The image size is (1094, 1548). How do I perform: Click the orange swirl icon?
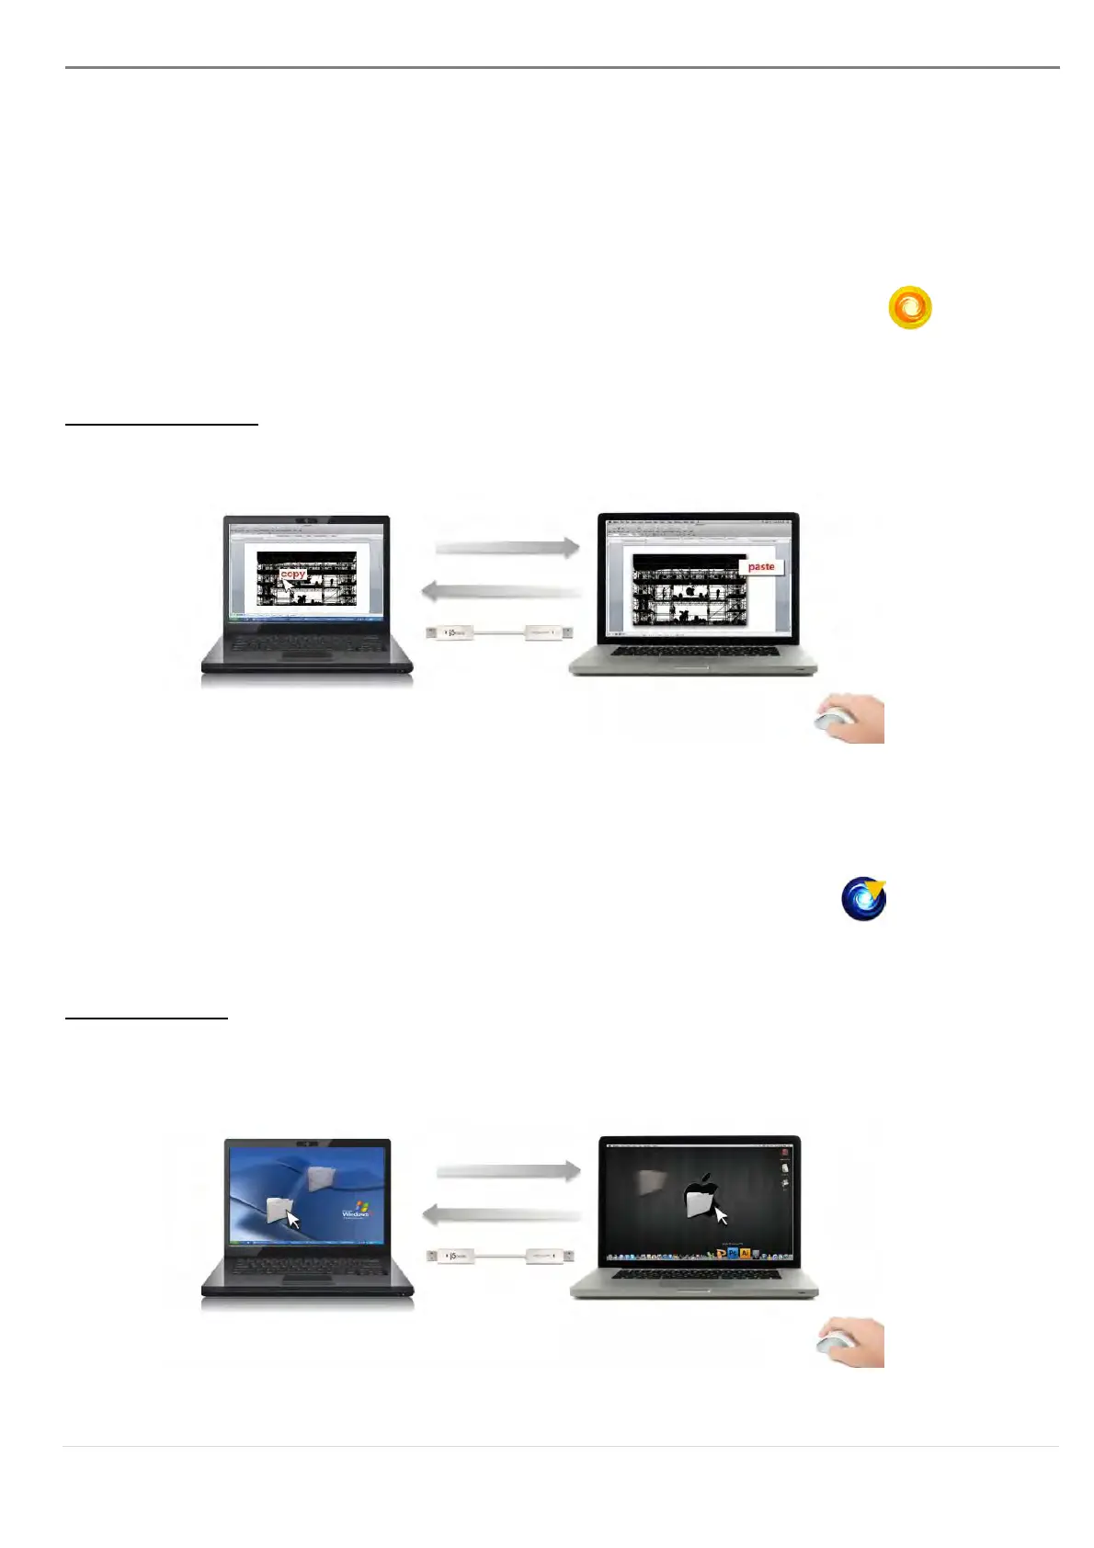pyautogui.click(x=910, y=308)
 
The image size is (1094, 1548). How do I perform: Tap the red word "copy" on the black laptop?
pyautogui.click(x=293, y=574)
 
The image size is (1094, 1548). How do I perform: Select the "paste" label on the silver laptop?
pyautogui.click(x=761, y=567)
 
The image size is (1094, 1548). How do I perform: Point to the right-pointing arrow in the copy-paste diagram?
pyautogui.click(x=507, y=548)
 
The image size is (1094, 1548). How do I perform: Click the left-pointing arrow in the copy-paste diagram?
pyautogui.click(x=502, y=590)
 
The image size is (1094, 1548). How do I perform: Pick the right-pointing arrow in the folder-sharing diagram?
pyautogui.click(x=507, y=1171)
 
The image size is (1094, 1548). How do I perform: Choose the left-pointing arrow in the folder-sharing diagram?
pyautogui.click(x=502, y=1214)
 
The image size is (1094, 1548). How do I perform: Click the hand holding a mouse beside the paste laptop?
pyautogui.click(x=850, y=718)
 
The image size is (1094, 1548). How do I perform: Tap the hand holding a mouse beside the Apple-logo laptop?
pyautogui.click(x=850, y=1342)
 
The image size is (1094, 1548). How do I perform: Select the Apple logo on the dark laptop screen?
pyautogui.click(x=701, y=1195)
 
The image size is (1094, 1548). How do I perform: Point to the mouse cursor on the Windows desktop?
pyautogui.click(x=293, y=1220)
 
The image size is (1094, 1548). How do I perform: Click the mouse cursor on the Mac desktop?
pyautogui.click(x=722, y=1215)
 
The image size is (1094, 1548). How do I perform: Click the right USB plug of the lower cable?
pyautogui.click(x=550, y=1255)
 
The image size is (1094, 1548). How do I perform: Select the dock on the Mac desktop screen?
pyautogui.click(x=695, y=1254)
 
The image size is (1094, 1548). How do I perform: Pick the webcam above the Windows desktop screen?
pyautogui.click(x=307, y=1144)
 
